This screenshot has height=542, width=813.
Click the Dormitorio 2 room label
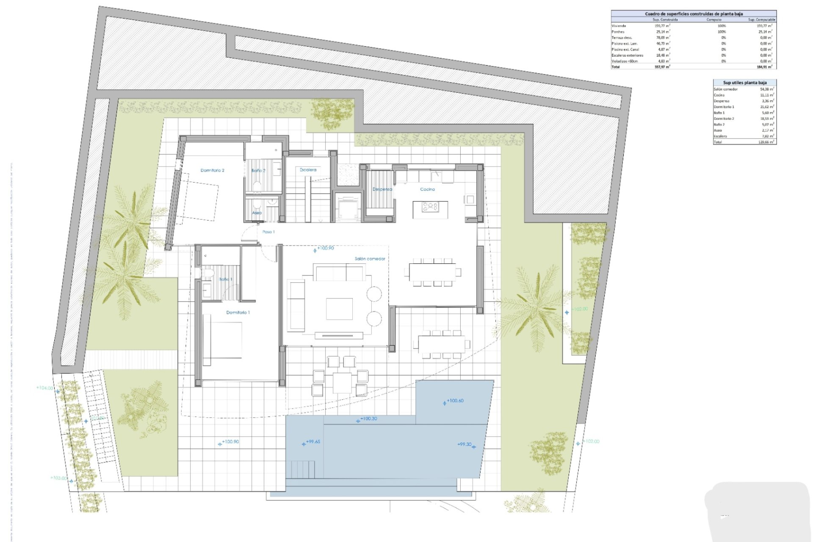(x=212, y=170)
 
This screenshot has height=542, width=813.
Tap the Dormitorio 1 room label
(x=238, y=312)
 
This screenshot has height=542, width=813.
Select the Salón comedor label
(x=370, y=259)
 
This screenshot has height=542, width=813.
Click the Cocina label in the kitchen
(x=427, y=189)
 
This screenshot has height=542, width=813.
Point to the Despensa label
(x=382, y=189)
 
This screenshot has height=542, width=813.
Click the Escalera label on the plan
(x=308, y=170)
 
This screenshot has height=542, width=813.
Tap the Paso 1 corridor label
(x=268, y=232)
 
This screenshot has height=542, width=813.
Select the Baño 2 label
(x=258, y=171)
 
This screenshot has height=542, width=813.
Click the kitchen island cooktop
(x=430, y=207)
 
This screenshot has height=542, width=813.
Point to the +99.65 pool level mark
(x=312, y=442)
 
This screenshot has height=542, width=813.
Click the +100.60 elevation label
(x=455, y=401)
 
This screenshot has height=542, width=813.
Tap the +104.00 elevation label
(x=44, y=388)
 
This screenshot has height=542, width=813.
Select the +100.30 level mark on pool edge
(x=368, y=419)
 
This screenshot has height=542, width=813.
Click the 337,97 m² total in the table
(x=662, y=67)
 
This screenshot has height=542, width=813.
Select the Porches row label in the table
(x=618, y=32)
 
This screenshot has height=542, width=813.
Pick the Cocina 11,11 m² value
(x=767, y=95)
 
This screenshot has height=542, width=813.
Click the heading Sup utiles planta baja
(x=744, y=83)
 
